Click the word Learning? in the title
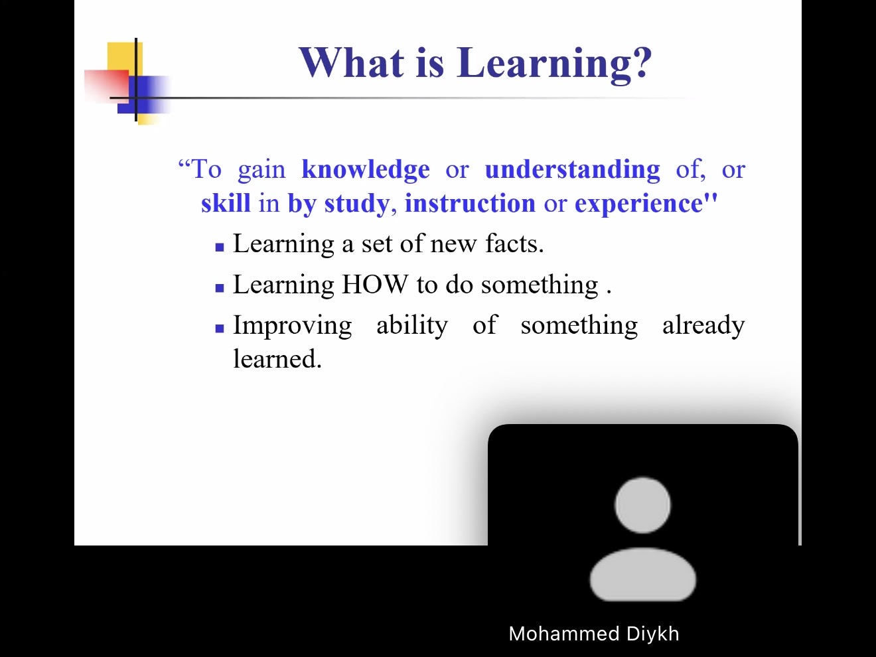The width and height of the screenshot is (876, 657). pos(554,64)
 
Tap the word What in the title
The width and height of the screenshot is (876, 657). pos(352,62)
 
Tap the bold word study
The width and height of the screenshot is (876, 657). pos(356,204)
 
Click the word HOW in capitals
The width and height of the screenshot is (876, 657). pos(375,285)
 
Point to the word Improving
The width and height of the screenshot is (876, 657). pos(293,326)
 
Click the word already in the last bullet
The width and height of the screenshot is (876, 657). pos(703,326)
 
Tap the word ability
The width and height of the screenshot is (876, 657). pos(412,326)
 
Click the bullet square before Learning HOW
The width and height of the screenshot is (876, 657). pos(220,288)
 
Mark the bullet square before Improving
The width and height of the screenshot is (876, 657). pos(220,328)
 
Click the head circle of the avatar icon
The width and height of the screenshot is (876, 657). pos(642,505)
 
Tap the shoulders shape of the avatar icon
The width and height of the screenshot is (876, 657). pos(643,575)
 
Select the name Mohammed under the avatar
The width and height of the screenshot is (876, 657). pos(564,634)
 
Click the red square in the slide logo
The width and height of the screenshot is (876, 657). pos(107,86)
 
